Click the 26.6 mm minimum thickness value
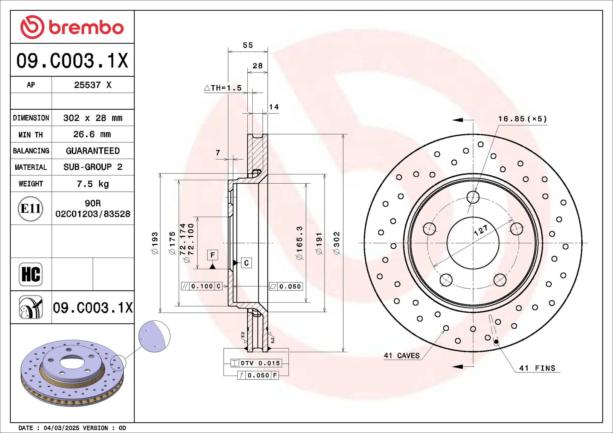(92, 134)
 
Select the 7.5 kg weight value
(93, 184)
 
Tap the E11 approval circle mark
(31, 209)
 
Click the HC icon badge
(31, 274)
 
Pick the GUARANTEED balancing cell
(93, 151)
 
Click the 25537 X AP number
(93, 85)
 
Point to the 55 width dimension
(248, 45)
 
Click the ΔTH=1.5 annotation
(223, 88)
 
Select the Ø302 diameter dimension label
(337, 243)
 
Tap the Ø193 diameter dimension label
(155, 243)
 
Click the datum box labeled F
(213, 255)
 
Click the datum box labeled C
(246, 263)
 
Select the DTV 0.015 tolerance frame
(256, 363)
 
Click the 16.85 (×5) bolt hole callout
(522, 119)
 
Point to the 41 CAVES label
(402, 356)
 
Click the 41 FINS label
(537, 368)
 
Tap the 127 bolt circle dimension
(481, 230)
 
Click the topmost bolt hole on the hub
(473, 197)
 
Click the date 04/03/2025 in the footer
(61, 428)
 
